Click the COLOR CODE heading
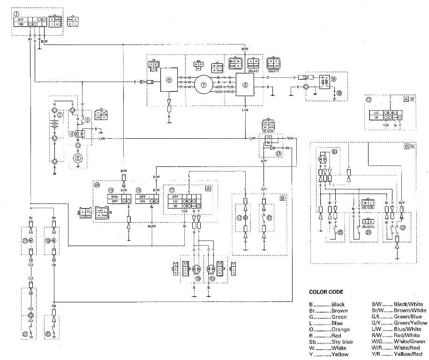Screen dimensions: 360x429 tap(326, 292)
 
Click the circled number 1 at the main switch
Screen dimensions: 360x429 tap(16, 14)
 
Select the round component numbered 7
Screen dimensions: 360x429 tap(203, 85)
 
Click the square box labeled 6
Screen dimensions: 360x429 tap(169, 80)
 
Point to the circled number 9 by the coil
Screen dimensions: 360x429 tap(334, 79)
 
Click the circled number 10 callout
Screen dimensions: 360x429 tap(339, 93)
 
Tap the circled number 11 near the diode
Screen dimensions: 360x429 tap(279, 153)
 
